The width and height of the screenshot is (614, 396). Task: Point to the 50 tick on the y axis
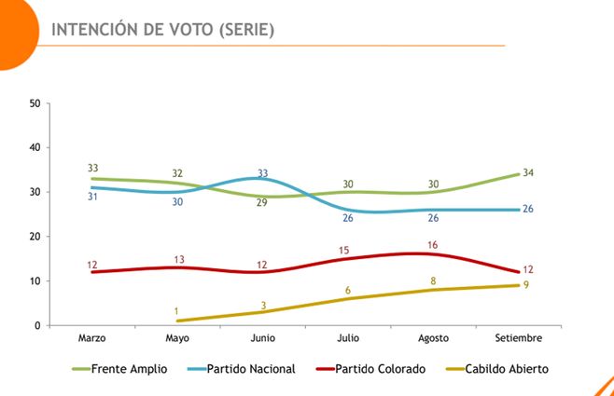(35, 102)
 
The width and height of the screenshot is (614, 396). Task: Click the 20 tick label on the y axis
(35, 237)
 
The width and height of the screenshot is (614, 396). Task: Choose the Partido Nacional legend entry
(251, 369)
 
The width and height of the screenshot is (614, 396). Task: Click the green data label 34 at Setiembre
(528, 172)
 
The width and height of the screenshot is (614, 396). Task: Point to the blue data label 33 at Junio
(263, 173)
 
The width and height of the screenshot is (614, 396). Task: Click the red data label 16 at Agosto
(432, 244)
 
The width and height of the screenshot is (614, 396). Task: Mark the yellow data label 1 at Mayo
(176, 311)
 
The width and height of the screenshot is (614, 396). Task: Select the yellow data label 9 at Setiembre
(526, 284)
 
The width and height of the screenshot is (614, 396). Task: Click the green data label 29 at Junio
(263, 203)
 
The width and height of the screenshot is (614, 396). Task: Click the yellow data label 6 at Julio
(347, 290)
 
